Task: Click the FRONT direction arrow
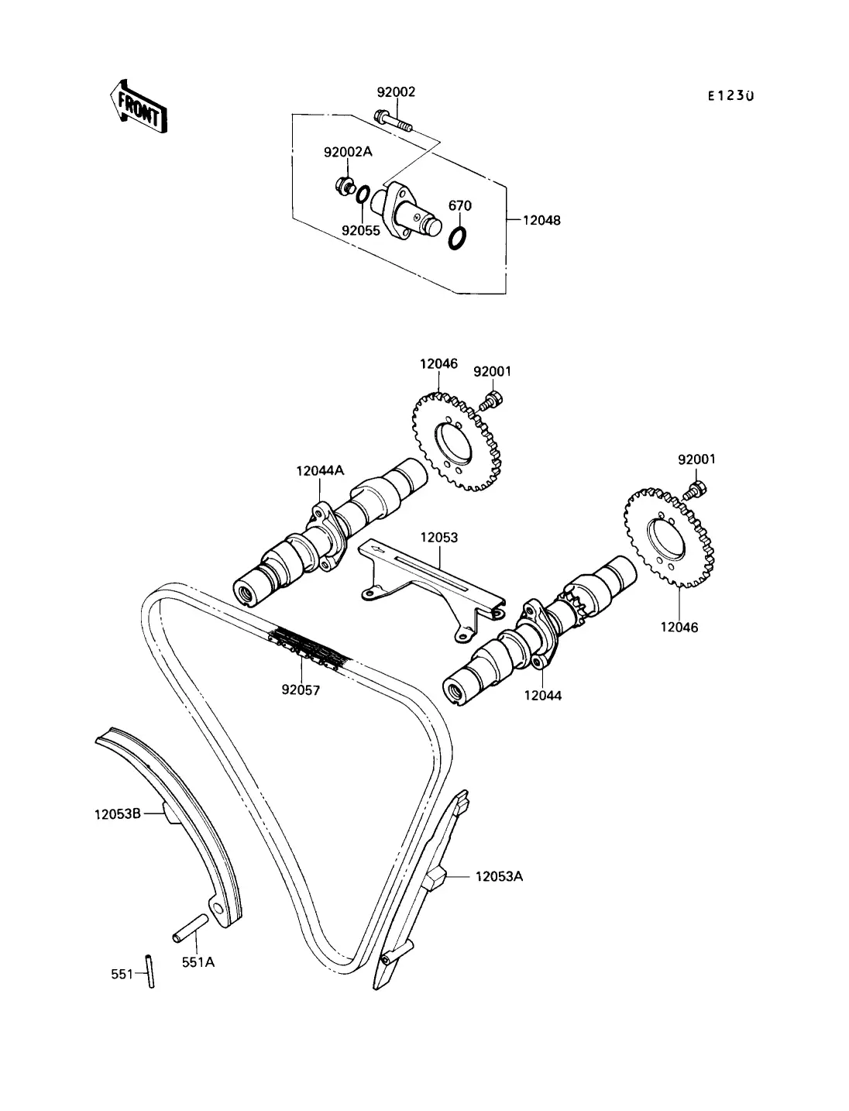(139, 107)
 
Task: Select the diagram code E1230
(730, 95)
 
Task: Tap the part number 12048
(541, 220)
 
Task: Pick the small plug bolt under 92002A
(345, 186)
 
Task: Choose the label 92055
(361, 230)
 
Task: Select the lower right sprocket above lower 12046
(669, 538)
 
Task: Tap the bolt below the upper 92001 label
(490, 402)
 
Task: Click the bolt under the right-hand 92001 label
(695, 490)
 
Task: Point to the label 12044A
(320, 471)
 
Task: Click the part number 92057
(301, 690)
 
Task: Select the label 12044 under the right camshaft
(543, 696)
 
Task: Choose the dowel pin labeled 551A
(190, 928)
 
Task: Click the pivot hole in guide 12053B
(218, 906)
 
